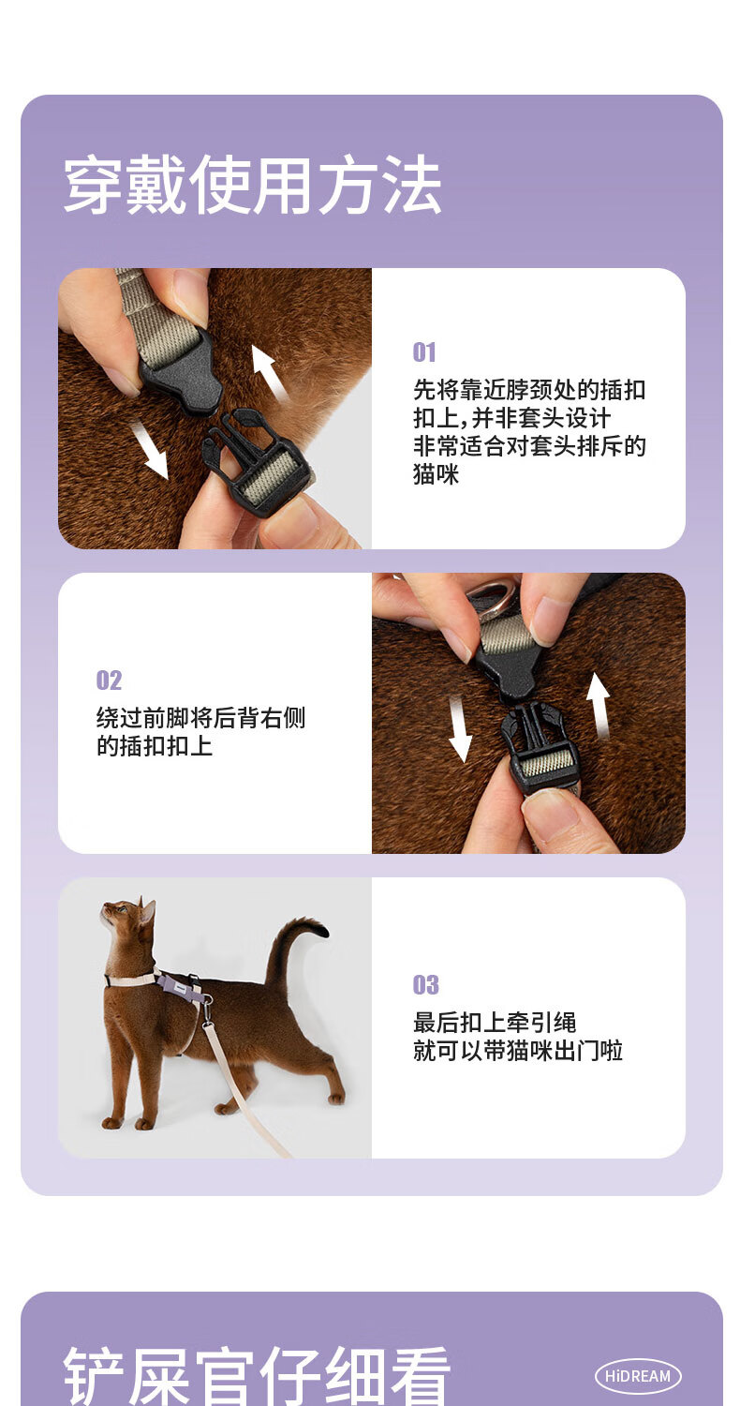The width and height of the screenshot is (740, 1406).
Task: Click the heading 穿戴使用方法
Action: click(252, 186)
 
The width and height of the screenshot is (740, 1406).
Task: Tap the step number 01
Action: click(424, 352)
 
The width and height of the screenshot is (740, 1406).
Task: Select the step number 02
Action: click(109, 680)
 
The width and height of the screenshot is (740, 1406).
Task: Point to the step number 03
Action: click(425, 985)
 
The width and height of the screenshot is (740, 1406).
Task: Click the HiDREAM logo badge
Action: click(638, 1376)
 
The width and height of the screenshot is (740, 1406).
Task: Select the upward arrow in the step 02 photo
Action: click(599, 706)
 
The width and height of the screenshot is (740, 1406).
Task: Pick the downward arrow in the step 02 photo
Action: click(460, 728)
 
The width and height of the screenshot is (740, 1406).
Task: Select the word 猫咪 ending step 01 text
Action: click(436, 474)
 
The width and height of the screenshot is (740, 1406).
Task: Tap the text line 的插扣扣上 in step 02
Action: click(155, 746)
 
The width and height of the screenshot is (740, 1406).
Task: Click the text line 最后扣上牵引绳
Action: click(495, 1023)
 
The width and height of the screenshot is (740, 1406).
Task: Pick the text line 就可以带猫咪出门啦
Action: click(518, 1051)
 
